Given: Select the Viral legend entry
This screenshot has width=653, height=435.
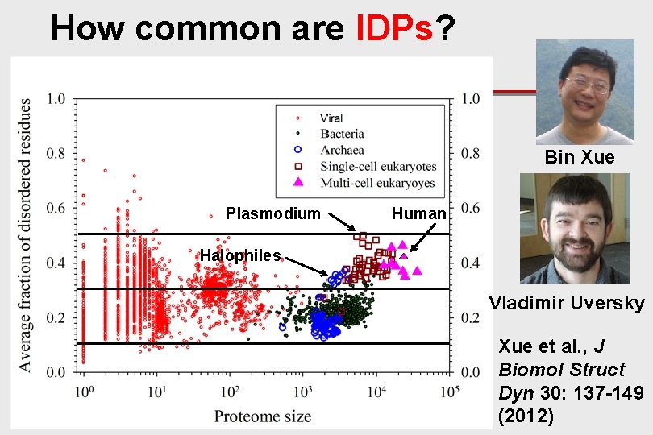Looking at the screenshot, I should coord(331,118).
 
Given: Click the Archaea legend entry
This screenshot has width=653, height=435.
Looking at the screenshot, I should coord(341,150).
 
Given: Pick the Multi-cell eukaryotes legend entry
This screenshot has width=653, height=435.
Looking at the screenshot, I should coord(376,183).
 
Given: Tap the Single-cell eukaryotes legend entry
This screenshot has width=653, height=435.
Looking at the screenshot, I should coord(377,167).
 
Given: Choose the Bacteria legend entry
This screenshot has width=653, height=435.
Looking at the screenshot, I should coord(341,134).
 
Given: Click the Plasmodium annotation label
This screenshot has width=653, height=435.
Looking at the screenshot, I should coord(272,213).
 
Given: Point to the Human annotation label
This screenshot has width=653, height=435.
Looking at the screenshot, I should coord(418,213).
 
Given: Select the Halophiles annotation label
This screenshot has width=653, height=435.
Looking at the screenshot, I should coord(240,255).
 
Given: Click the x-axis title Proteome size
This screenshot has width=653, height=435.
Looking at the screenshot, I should coord(262,416).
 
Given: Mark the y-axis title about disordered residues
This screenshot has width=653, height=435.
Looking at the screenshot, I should coord(25,235).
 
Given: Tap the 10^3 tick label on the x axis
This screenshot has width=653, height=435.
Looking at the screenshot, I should coord(303,392).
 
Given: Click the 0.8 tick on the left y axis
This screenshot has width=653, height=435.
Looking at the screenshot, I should coord(56,154).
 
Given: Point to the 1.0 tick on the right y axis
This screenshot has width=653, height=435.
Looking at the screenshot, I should coord(469,99).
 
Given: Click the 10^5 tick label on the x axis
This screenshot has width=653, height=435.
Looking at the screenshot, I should coord(449,392).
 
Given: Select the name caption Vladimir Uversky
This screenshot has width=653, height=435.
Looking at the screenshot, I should coord(567,303).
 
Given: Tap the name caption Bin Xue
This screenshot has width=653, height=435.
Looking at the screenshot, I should coord(579,157).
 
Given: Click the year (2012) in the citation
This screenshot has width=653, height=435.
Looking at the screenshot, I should coord(526,416).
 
